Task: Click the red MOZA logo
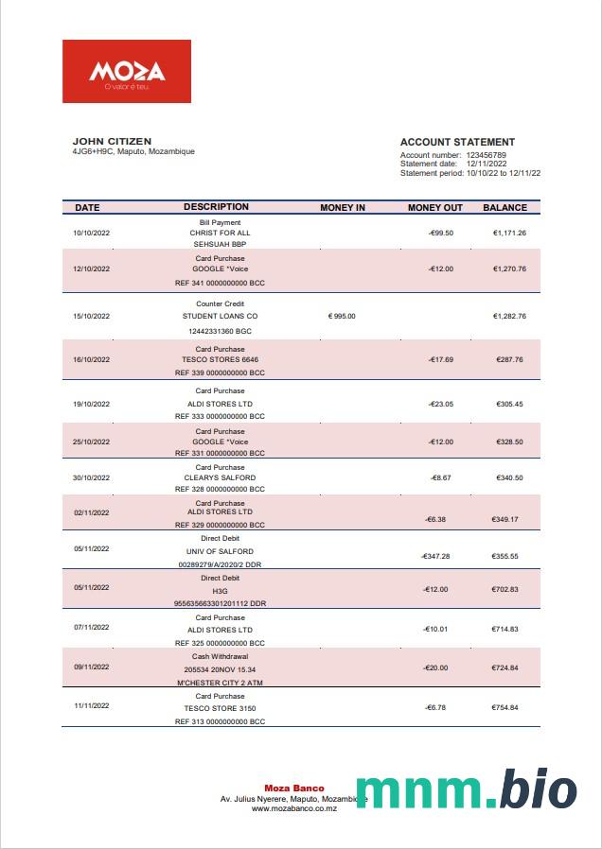(x=127, y=71)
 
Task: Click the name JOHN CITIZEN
(x=112, y=142)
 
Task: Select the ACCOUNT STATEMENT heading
(x=457, y=143)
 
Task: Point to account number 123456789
(x=487, y=155)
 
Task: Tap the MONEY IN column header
(x=343, y=207)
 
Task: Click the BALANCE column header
(x=505, y=207)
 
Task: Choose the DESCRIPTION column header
(x=216, y=207)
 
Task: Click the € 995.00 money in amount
(x=342, y=316)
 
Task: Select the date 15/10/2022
(x=92, y=316)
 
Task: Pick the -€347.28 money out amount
(x=435, y=557)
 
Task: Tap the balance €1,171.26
(x=509, y=233)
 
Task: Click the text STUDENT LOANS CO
(x=220, y=316)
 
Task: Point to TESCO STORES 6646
(x=220, y=360)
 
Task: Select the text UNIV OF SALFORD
(x=220, y=551)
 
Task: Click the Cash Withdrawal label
(x=220, y=656)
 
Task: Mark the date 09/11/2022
(x=92, y=668)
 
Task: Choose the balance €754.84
(x=505, y=707)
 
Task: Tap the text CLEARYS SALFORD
(x=220, y=478)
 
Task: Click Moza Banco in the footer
(x=293, y=788)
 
